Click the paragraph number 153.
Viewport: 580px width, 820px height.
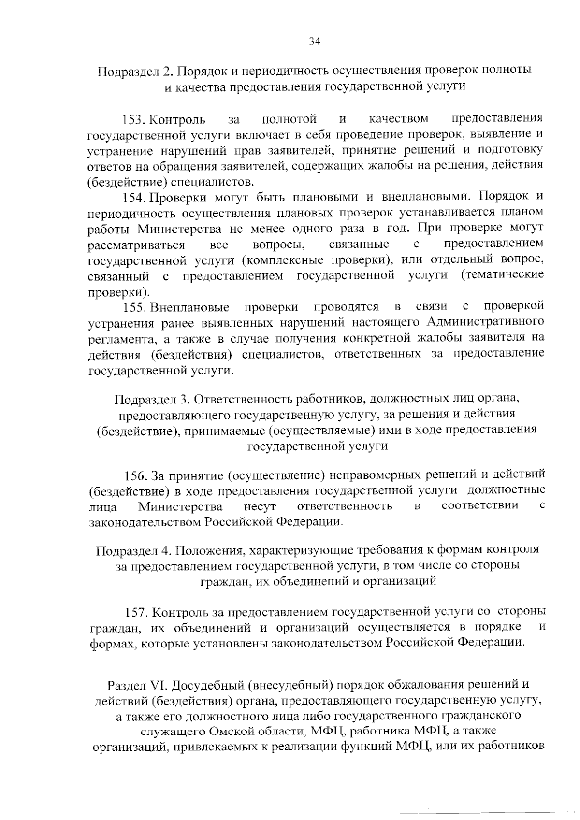click(134, 119)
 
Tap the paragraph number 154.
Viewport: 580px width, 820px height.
click(134, 197)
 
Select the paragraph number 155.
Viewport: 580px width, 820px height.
click(134, 307)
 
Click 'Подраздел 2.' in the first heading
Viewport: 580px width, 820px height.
click(135, 71)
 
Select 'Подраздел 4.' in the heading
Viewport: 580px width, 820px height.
click(133, 550)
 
